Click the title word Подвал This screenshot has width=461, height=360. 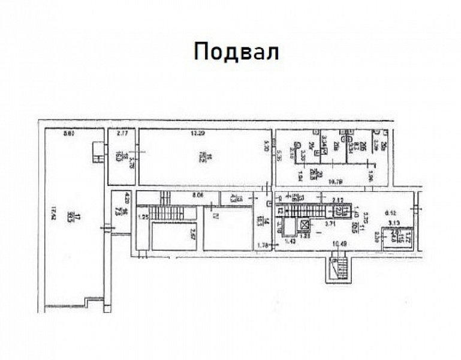(236, 52)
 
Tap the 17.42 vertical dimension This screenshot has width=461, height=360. (53, 213)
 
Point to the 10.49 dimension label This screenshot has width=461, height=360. (339, 244)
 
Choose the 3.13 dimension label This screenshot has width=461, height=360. (392, 223)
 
